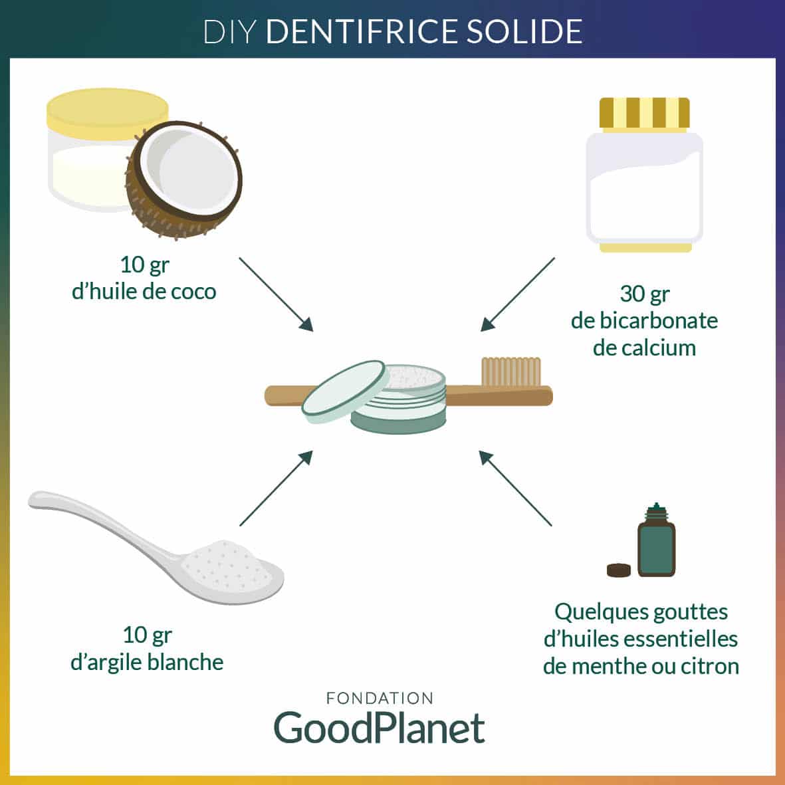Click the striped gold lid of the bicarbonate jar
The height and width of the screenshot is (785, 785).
click(644, 114)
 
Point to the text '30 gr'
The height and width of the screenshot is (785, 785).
click(644, 293)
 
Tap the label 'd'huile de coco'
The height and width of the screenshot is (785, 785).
click(144, 291)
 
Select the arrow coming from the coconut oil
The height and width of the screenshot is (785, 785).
click(275, 293)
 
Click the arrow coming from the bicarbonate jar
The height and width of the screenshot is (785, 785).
click(517, 294)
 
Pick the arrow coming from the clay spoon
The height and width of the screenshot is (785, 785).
click(276, 488)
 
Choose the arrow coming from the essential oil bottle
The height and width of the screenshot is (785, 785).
click(515, 489)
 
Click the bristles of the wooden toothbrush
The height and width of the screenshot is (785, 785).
click(510, 371)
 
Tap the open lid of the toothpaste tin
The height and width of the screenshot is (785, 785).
click(344, 392)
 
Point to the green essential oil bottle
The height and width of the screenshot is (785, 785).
click(656, 546)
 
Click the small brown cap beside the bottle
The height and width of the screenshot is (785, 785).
click(619, 570)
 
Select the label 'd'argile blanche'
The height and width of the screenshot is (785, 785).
click(147, 662)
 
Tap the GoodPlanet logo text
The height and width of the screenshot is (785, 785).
click(380, 728)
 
